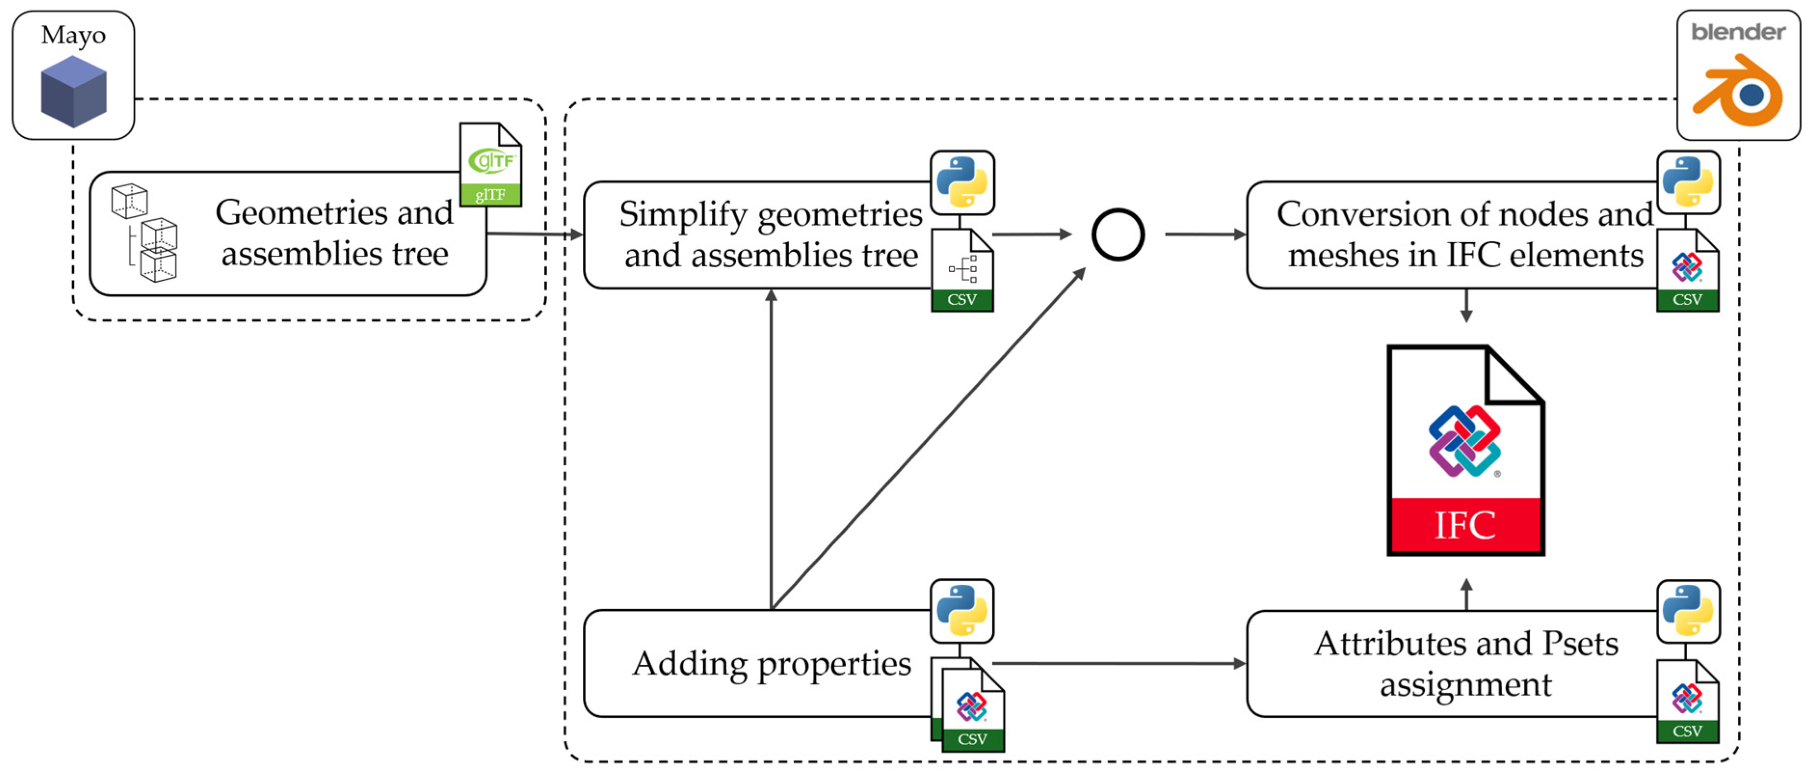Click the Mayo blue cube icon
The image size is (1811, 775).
[x=73, y=92]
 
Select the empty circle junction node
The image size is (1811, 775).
[x=1118, y=234]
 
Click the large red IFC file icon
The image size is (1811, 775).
[x=1465, y=450]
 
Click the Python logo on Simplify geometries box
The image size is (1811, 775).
[x=962, y=182]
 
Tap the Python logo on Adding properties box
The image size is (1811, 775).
[x=962, y=610]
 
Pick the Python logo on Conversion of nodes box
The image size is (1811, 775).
[x=1688, y=182]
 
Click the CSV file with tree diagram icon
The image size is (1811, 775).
[x=962, y=271]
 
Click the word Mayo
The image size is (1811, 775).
[x=73, y=35]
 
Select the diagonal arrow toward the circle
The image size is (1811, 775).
[x=928, y=440]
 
